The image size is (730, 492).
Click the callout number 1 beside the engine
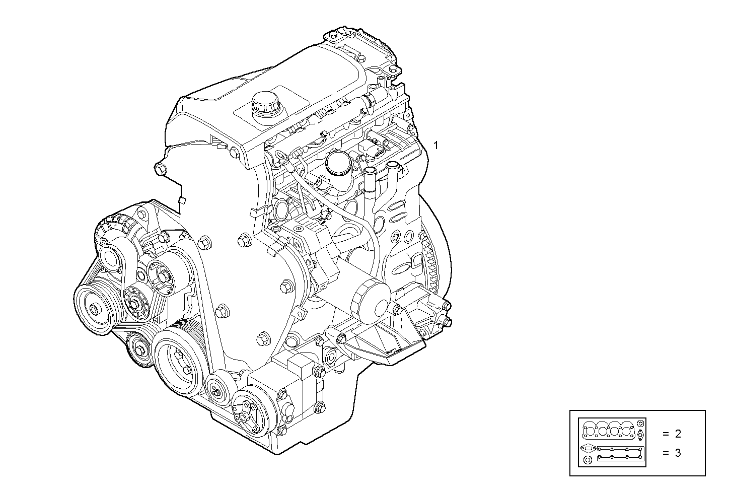[436, 146]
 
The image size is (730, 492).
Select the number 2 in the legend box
[678, 434]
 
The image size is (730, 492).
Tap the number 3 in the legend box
[678, 453]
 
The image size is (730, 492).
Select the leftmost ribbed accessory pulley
[95, 309]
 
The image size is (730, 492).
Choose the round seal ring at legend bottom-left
[587, 461]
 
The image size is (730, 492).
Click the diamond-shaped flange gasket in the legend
[587, 448]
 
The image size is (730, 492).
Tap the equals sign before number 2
[665, 434]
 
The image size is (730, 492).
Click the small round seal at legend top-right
[640, 423]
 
